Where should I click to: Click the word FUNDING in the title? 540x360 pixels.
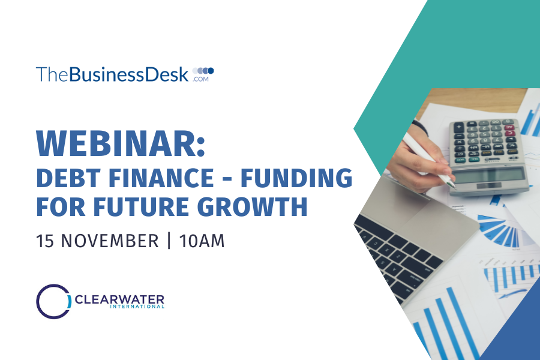(x=296, y=178)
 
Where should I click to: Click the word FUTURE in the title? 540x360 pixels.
(x=141, y=206)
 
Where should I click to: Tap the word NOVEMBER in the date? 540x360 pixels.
(x=110, y=241)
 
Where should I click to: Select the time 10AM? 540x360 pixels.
(x=202, y=241)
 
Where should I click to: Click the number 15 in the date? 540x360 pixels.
(x=45, y=241)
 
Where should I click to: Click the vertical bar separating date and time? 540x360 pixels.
(x=169, y=241)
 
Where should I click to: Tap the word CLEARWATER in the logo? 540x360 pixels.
(x=119, y=299)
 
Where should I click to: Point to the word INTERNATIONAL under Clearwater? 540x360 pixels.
(x=137, y=306)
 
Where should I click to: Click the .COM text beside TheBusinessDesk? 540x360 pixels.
(x=201, y=79)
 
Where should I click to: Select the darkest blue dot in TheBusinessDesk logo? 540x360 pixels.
(x=211, y=71)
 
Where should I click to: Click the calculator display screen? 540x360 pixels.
(x=488, y=176)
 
